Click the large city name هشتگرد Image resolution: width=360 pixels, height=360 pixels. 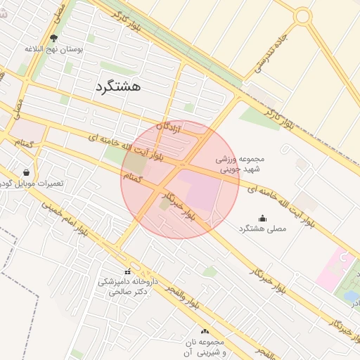tap(117, 86)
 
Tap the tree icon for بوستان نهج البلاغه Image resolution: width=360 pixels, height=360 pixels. tap(55, 39)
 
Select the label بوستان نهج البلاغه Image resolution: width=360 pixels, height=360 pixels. tap(55, 50)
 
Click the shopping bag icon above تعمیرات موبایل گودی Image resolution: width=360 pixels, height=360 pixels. tap(26, 172)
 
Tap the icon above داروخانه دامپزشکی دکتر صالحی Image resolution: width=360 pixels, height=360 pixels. tap(127, 271)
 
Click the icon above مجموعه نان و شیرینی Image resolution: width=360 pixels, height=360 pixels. tap(205, 330)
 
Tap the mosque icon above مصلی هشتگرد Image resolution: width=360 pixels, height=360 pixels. tap(262, 218)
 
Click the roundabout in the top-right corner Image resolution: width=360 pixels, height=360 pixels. tap(302, 16)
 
